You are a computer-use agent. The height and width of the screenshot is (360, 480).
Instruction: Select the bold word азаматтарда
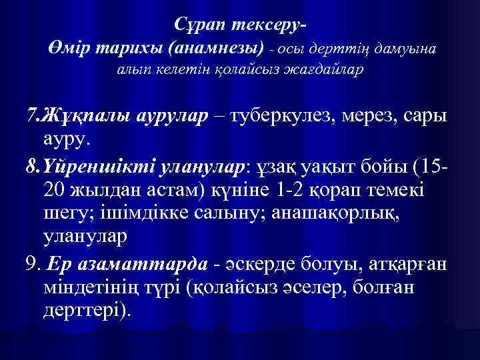pos(126,263)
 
